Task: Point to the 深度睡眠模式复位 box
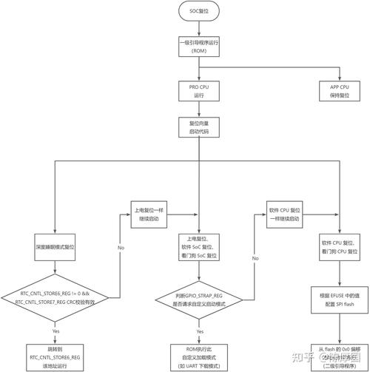(x=55, y=245)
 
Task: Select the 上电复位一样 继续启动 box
(x=151, y=213)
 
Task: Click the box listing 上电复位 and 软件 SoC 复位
(x=198, y=245)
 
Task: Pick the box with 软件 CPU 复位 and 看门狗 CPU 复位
(x=340, y=245)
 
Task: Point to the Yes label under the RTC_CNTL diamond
(x=55, y=331)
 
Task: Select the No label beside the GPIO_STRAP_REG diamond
(x=255, y=257)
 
